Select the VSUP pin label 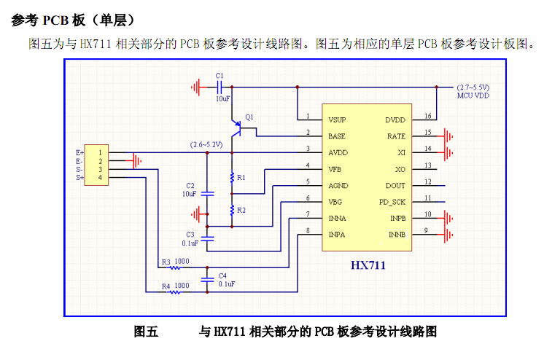coord(337,119)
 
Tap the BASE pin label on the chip coord(337,136)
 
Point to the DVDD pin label coord(395,119)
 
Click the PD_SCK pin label coord(392,201)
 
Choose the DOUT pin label coord(395,185)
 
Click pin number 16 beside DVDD coord(427,116)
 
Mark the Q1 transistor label coord(250,117)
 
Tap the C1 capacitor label coord(220,77)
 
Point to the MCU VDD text coord(473,95)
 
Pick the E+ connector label coord(79,152)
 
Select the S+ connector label coord(79,177)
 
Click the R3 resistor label coord(166,261)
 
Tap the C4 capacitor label coord(223,275)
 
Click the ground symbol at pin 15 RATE coord(451,136)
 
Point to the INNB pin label coord(397,234)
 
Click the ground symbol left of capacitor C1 coord(195,87)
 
